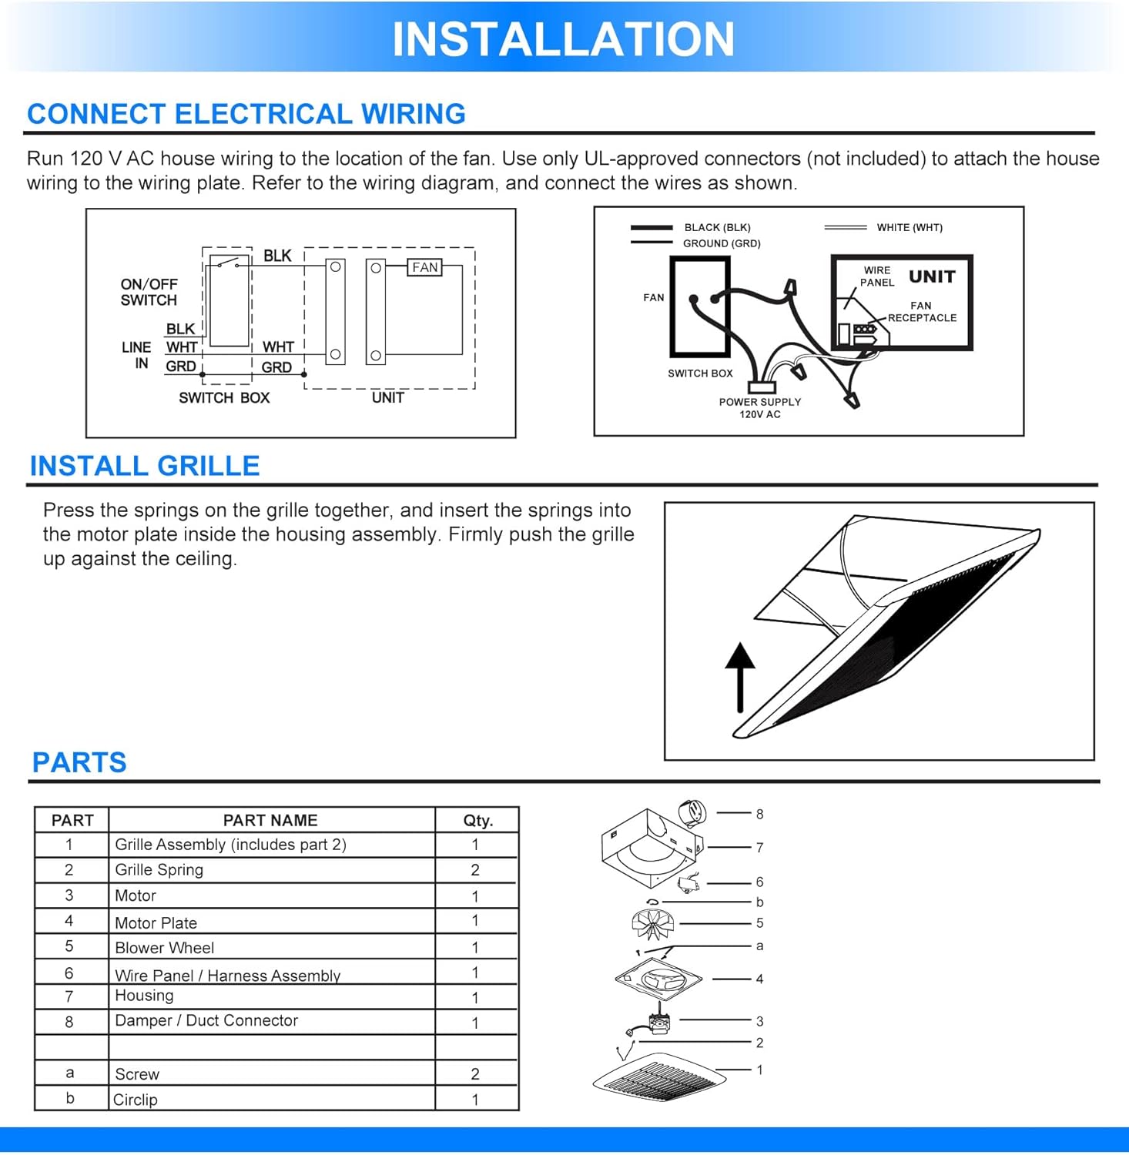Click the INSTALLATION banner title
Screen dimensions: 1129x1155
563,39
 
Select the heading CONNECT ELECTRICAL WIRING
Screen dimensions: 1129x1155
246,114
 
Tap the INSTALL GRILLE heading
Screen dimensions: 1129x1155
145,466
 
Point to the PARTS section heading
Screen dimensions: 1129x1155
79,762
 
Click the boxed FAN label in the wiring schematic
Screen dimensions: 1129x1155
425,267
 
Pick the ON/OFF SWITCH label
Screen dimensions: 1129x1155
149,292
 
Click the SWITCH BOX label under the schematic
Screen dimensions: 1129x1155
224,398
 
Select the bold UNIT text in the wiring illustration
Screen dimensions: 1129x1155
932,276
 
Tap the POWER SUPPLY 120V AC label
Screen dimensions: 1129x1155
760,408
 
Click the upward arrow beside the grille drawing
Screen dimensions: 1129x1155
740,677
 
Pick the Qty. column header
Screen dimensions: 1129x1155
477,820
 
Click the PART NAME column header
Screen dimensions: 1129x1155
270,820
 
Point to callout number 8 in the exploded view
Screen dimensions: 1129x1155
759,814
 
